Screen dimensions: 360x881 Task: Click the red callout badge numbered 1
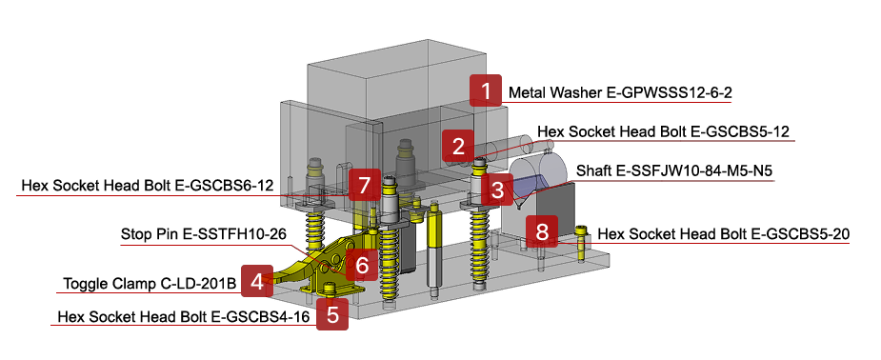(486, 91)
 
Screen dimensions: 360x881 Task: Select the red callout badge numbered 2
(458, 147)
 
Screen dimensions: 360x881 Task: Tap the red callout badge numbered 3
(497, 190)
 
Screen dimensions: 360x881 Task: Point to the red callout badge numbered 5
(331, 313)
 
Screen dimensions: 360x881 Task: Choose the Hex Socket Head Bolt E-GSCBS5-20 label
(724, 233)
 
